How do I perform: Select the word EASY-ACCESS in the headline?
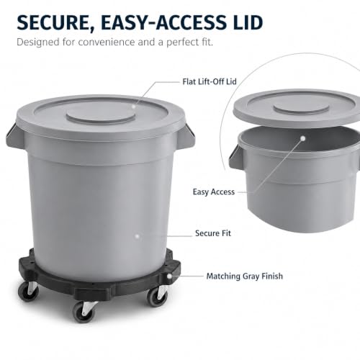pos(161,22)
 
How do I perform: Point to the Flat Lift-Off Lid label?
pos(210,81)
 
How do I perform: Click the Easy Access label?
pos(214,192)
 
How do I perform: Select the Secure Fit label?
pos(213,233)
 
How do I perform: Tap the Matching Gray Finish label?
pos(245,276)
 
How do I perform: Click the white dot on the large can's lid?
pos(133,106)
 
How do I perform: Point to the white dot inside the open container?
pos(303,138)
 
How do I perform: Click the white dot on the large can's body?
pos(138,236)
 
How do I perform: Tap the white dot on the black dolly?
pos(169,276)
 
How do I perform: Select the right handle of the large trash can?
pos(189,135)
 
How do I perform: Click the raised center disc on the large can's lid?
pos(101,116)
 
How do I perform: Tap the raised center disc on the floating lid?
pos(301,109)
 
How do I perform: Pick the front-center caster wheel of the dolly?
pos(84,312)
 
